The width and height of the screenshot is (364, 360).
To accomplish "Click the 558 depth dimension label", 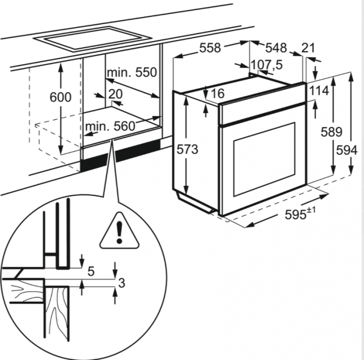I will coord(210,48).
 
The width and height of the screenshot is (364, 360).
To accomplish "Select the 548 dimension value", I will coord(276,48).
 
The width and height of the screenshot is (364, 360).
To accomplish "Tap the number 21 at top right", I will coord(308,48).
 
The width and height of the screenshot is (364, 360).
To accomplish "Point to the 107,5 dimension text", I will coord(266,64).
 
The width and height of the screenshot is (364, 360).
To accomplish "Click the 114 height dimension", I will coord(318,91).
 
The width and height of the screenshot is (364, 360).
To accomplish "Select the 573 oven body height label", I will coord(187,150).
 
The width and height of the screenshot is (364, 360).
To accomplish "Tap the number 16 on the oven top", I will coord(218,94).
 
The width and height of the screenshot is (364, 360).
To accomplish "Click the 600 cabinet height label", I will coord(60,97).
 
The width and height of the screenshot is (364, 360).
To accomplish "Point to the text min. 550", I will coord(132,72).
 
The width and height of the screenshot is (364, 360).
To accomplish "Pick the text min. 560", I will coord(109,127).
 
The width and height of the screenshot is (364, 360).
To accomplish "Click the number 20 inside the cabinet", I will coord(116,94).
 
